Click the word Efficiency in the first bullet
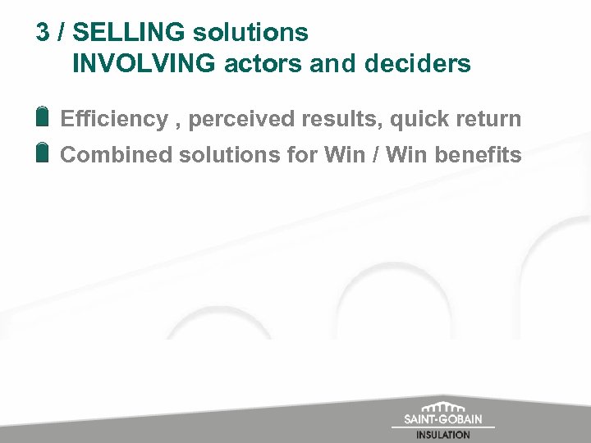pyautogui.click(x=113, y=119)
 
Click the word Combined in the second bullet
pyautogui.click(x=108, y=154)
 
